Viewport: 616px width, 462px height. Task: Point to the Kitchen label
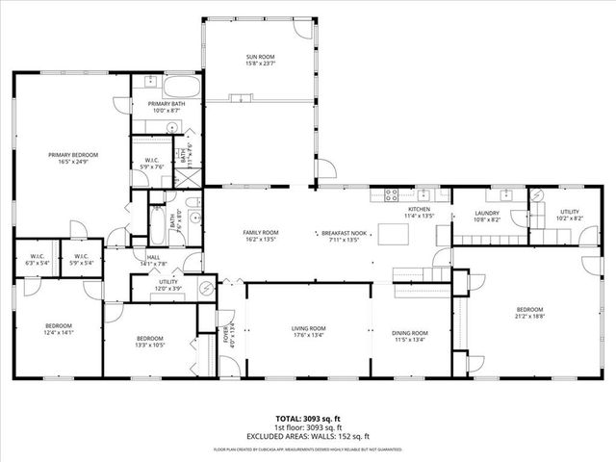pos(419,209)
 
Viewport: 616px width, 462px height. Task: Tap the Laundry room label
pos(486,214)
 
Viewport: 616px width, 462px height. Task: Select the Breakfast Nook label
pos(344,234)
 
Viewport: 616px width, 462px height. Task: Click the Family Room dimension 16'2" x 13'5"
pos(260,241)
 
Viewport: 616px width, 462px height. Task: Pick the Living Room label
pos(309,329)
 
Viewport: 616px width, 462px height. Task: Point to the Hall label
pos(154,257)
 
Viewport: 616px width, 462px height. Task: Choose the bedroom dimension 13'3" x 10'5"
pos(149,345)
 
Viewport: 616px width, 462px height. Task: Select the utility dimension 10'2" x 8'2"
pos(571,218)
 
